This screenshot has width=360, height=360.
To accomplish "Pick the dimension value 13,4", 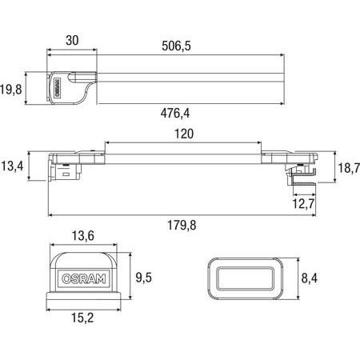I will [x=12, y=166].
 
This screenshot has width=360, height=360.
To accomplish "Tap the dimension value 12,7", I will [x=303, y=206].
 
